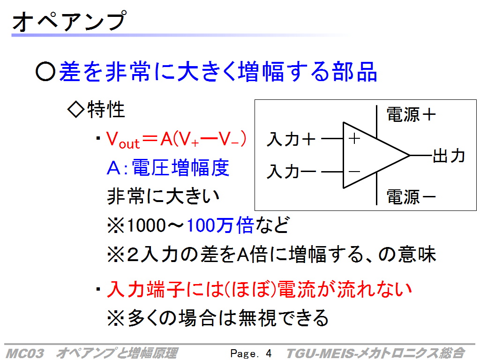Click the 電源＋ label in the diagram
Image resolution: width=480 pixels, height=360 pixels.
click(411, 115)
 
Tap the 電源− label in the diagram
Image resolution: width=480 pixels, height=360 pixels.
click(411, 196)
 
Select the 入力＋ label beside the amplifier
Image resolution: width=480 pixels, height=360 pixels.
click(291, 139)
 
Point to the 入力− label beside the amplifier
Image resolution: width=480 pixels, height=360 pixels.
click(291, 171)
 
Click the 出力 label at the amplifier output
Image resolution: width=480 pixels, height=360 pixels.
click(449, 156)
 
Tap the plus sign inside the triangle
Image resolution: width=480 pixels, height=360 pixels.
click(354, 139)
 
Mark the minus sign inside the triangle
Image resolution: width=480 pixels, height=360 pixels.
click(354, 172)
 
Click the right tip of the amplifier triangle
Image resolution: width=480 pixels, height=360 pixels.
click(410, 156)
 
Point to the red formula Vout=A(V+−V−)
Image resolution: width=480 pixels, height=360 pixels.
click(176, 140)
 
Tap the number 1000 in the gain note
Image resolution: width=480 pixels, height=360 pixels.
click(146, 225)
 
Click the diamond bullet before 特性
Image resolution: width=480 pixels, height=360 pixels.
click(76, 109)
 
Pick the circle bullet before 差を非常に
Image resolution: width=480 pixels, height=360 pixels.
click(45, 71)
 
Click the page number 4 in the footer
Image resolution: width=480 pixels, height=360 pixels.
click(269, 353)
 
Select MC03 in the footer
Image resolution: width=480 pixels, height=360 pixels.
click(25, 353)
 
